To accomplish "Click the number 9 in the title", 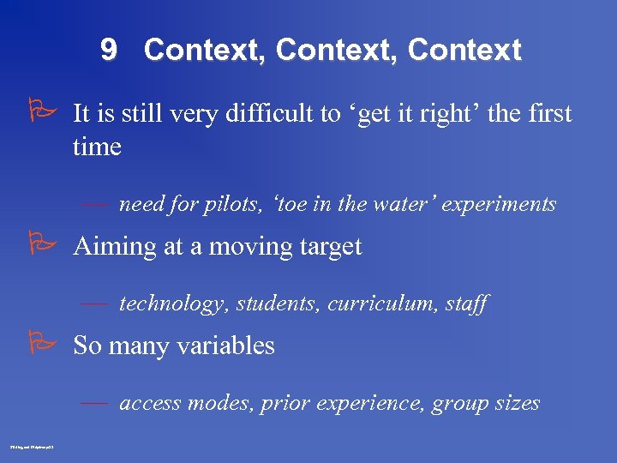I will pos(109,50).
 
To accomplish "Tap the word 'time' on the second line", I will pos(97,147).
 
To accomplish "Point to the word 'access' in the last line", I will pos(147,403).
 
